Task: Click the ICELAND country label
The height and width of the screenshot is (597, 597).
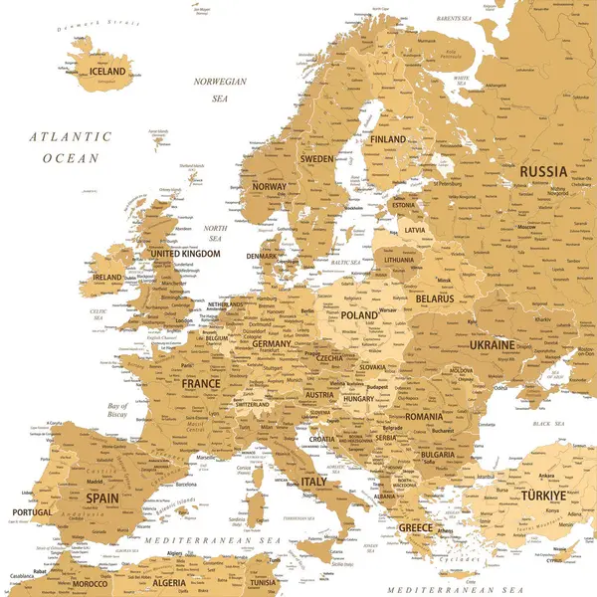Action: pyautogui.click(x=107, y=72)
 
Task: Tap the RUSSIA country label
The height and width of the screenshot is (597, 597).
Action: pyautogui.click(x=543, y=171)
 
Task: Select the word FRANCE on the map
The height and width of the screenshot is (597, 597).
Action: pyautogui.click(x=201, y=383)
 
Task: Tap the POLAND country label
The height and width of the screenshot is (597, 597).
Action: pyautogui.click(x=359, y=314)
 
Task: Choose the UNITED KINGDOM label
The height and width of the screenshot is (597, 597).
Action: pyautogui.click(x=185, y=254)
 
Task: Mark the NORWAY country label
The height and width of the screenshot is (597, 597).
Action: pyautogui.click(x=269, y=186)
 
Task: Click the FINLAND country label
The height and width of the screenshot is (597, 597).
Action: pyautogui.click(x=388, y=139)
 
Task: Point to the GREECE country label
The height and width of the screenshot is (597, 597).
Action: pyautogui.click(x=415, y=527)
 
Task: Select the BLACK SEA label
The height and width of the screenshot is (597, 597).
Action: pyautogui.click(x=547, y=424)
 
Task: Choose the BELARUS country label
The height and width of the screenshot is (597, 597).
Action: pyautogui.click(x=435, y=298)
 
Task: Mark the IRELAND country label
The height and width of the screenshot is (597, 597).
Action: pyautogui.click(x=106, y=278)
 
